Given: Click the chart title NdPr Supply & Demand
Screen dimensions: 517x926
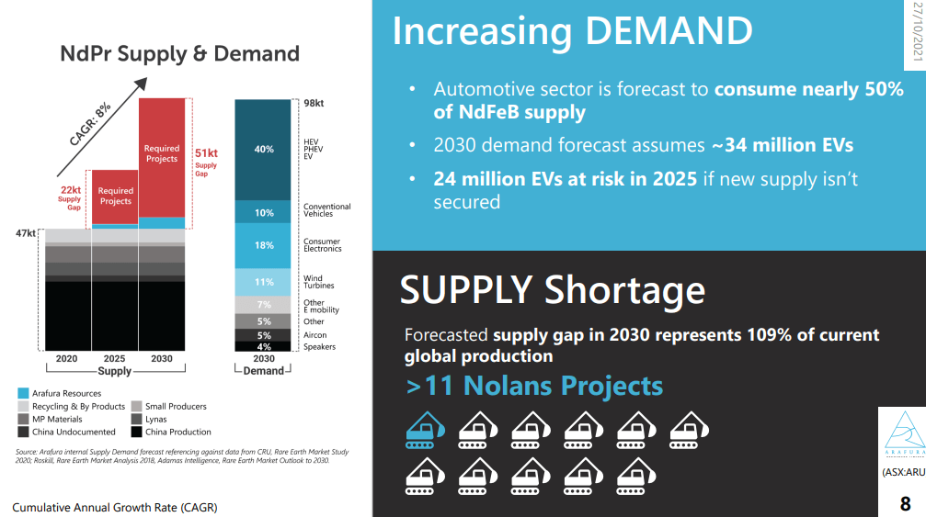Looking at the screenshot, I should [x=179, y=53].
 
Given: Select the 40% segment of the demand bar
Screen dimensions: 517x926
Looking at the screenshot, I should [x=264, y=149].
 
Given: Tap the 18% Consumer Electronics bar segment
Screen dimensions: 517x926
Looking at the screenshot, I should [x=264, y=245].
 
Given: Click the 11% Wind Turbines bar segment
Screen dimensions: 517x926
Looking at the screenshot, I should [x=264, y=282].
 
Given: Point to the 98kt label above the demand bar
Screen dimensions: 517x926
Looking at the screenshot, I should [x=313, y=104].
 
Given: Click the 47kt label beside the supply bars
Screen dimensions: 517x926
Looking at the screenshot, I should [x=26, y=233].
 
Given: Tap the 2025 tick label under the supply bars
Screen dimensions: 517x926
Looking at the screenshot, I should [x=115, y=359].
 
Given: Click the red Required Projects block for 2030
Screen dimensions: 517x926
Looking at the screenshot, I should [x=162, y=156].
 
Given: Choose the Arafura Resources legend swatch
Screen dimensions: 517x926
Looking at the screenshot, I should [x=23, y=393].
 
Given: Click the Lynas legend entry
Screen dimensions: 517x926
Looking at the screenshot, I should [x=155, y=419].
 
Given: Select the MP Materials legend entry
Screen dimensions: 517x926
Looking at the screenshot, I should [x=57, y=419].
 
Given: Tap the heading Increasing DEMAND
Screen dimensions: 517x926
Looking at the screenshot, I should [x=572, y=31].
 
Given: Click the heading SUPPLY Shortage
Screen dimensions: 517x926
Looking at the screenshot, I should [x=552, y=289].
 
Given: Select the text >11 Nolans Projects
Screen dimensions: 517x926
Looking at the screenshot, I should [x=533, y=386].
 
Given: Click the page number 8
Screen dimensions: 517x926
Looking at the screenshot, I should [x=905, y=504].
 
